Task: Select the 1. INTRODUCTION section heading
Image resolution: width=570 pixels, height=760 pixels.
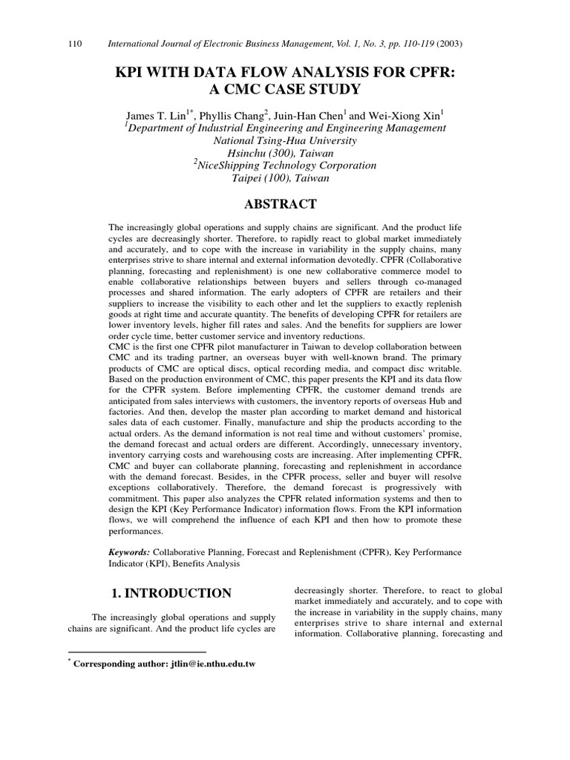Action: (171, 593)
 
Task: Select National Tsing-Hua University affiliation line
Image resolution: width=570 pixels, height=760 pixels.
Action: (284, 140)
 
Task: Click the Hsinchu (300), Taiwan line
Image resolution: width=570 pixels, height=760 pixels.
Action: (284, 153)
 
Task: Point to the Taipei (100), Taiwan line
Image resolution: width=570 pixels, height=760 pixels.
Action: (284, 178)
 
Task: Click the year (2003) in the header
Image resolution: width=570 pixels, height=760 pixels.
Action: (448, 44)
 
